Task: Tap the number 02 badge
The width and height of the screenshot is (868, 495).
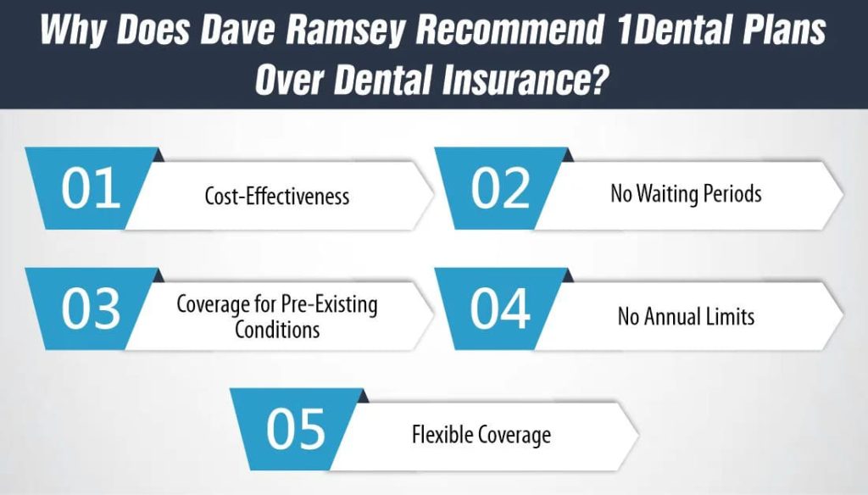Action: (500, 188)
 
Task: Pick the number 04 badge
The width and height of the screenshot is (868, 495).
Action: (500, 309)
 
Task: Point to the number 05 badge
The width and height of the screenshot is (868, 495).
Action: (295, 429)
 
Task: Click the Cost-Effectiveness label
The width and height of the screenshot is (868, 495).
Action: (277, 196)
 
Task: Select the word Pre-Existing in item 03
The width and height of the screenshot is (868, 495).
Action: (329, 304)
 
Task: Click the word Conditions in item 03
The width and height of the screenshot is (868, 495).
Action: (277, 330)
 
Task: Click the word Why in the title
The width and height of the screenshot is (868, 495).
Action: (74, 31)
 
